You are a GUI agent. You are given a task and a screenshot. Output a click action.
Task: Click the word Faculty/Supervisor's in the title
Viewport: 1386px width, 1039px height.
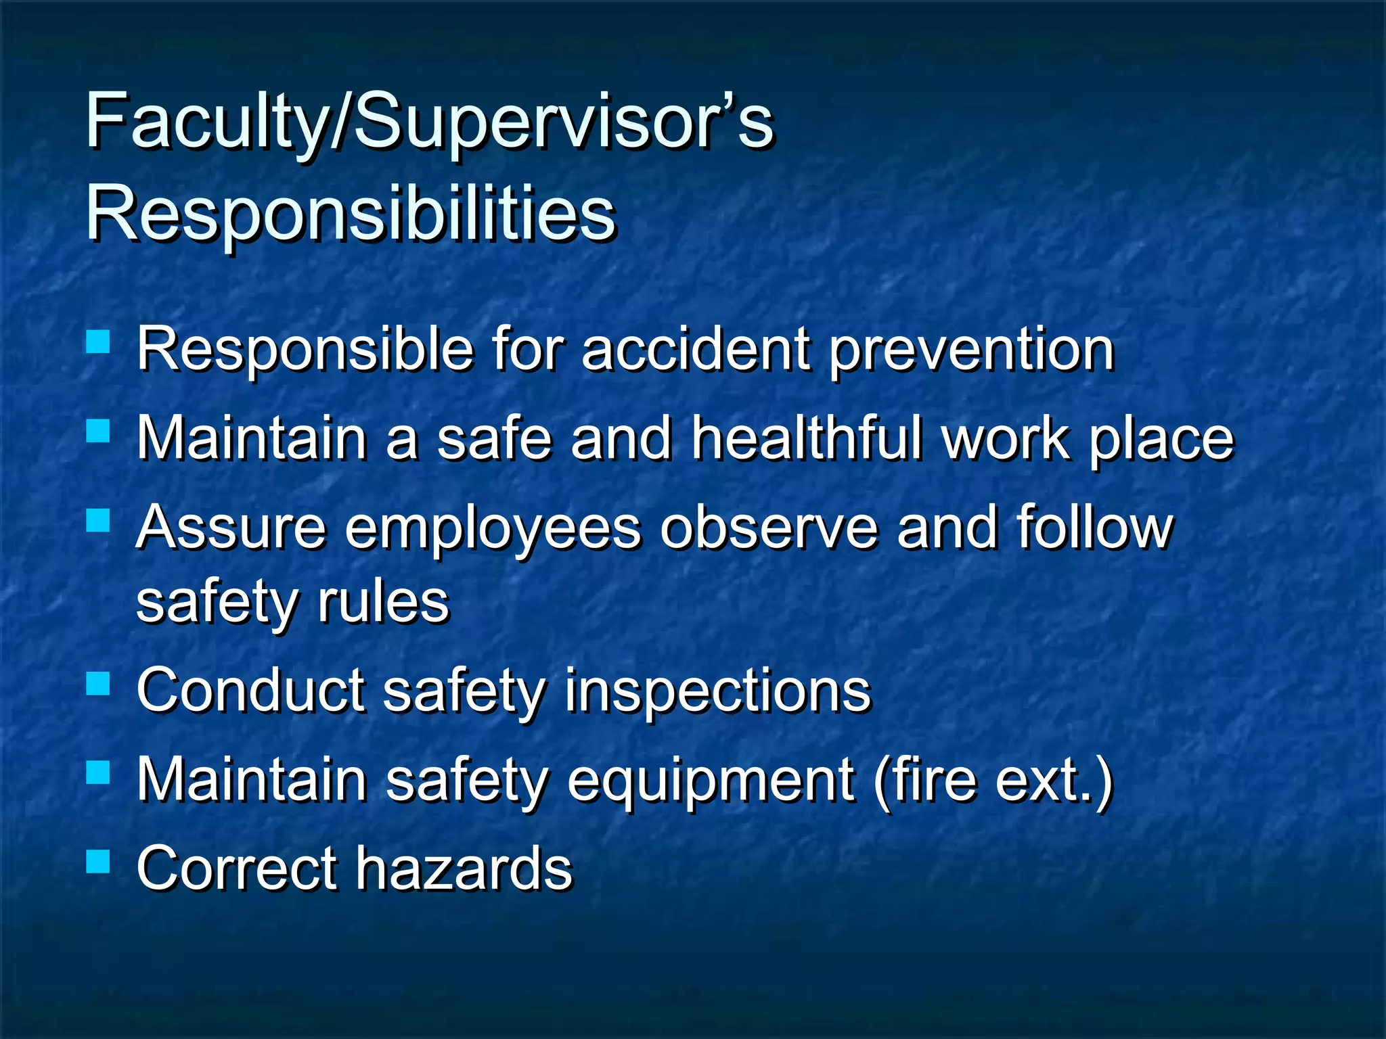(429, 122)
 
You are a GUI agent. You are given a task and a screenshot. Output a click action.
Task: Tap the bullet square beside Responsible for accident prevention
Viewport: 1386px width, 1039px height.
(98, 342)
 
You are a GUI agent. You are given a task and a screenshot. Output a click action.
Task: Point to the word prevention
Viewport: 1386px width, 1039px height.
(971, 351)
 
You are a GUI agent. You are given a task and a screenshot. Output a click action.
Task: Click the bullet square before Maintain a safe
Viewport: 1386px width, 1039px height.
(98, 430)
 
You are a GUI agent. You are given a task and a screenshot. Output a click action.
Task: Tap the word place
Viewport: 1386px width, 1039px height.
(1161, 440)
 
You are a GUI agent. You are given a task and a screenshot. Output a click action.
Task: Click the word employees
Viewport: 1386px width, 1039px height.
(493, 529)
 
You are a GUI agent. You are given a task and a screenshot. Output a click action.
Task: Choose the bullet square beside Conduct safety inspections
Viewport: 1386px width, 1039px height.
(98, 683)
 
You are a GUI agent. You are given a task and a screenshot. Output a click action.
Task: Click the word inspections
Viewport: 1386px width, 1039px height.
(718, 691)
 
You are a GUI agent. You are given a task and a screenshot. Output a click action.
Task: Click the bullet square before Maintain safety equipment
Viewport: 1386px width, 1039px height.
(98, 772)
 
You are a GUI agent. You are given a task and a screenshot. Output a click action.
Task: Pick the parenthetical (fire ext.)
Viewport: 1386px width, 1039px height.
(993, 781)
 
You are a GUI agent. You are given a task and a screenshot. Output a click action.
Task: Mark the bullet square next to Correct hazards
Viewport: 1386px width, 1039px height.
(98, 861)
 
